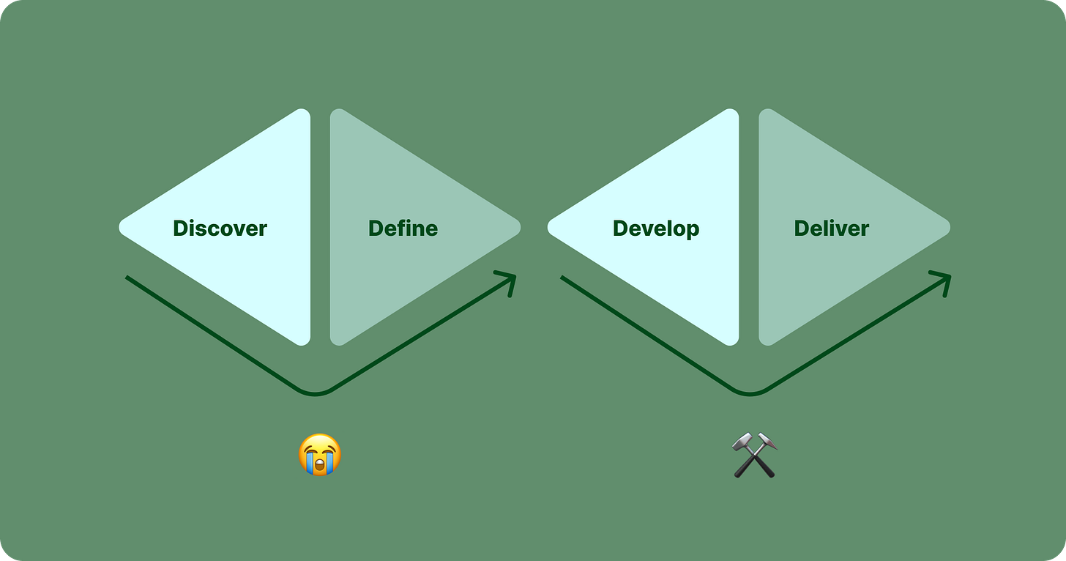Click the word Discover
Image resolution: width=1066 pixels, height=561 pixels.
[x=220, y=229]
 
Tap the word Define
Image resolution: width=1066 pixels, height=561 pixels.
[x=403, y=229]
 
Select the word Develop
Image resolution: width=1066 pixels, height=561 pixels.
[x=656, y=229]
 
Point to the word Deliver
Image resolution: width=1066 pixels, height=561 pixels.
[x=831, y=229]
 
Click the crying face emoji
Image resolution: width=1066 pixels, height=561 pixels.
[x=320, y=455]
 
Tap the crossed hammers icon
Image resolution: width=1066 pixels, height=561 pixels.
[x=754, y=455]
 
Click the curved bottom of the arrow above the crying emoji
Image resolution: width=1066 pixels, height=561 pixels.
[x=316, y=394]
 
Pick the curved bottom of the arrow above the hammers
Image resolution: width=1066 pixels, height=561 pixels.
[x=750, y=394]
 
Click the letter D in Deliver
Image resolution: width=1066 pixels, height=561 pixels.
[x=801, y=229]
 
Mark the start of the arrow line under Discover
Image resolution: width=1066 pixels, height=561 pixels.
[x=128, y=278]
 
